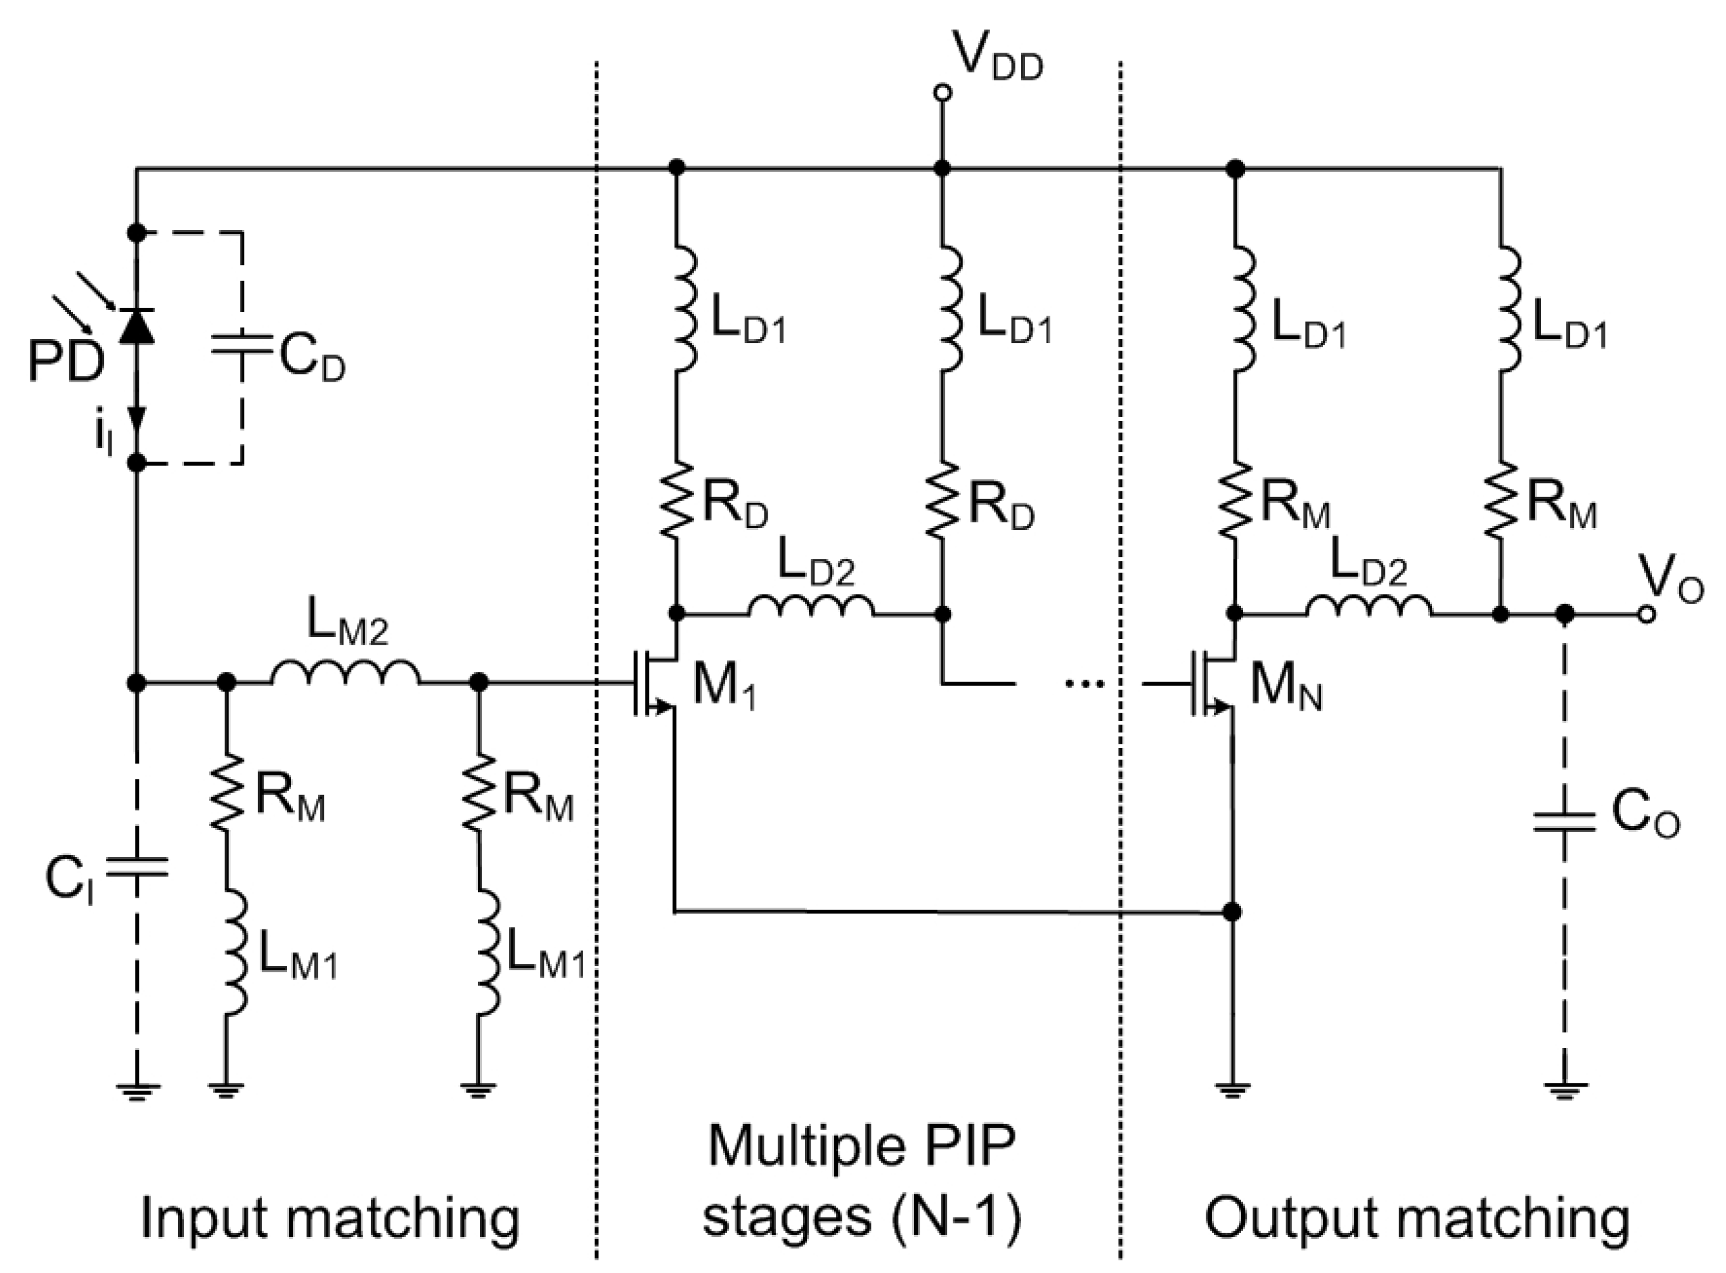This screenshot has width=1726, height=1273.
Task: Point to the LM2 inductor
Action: tap(345, 672)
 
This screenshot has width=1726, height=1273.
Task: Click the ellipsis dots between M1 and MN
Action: tap(1083, 683)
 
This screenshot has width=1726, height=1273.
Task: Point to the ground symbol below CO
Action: tap(1564, 1090)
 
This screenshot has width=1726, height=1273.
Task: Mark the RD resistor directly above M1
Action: tap(676, 500)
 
